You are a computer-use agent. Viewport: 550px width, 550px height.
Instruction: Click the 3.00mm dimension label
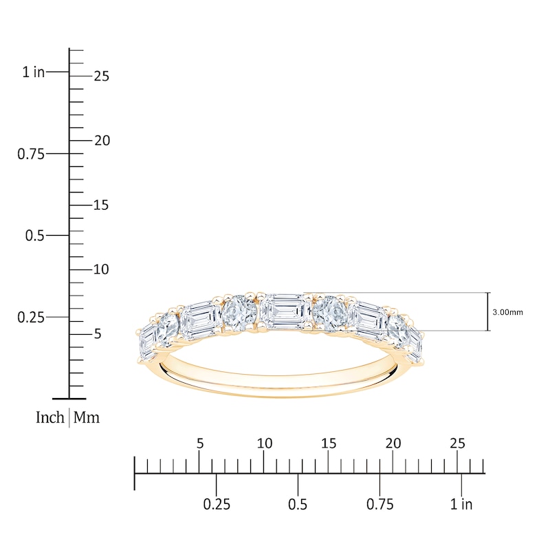(507, 312)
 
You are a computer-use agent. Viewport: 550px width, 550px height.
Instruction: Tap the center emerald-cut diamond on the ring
(285, 312)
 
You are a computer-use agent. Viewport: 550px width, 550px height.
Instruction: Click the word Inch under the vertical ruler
(49, 417)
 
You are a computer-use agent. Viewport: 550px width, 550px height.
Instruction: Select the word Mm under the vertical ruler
(87, 417)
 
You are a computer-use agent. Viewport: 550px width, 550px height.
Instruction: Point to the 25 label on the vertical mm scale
(101, 76)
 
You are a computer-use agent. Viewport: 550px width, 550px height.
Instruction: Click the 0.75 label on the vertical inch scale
(31, 154)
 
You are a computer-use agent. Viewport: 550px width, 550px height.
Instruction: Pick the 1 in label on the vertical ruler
(33, 72)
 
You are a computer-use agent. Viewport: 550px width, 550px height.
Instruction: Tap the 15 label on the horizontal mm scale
(329, 443)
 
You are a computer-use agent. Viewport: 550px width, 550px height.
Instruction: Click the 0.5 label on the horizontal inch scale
(298, 505)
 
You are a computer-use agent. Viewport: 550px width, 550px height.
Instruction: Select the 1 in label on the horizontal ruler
(461, 505)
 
